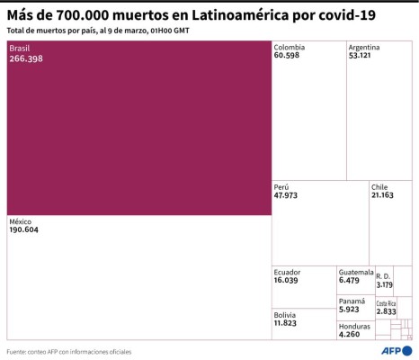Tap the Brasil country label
pos(20,49)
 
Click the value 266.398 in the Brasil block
pos(27,58)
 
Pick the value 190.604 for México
pos(27,230)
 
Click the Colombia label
pos(290,47)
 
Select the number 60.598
pos(288,56)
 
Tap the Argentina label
pos(364,47)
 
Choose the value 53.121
pos(361,56)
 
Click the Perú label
pos(282,186)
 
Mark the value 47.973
pos(288,195)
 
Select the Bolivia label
pos(286,314)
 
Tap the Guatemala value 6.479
pos(351,281)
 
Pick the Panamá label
pos(352,301)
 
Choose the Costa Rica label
pos(386,303)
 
